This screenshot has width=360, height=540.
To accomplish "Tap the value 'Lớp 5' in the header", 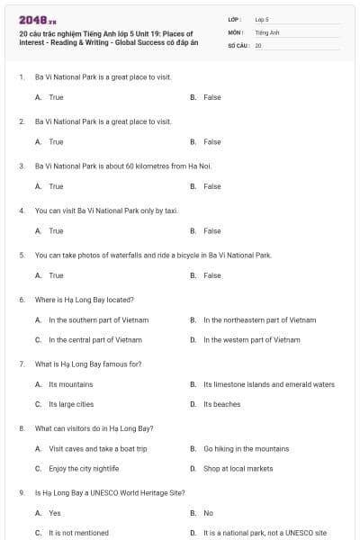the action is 262,18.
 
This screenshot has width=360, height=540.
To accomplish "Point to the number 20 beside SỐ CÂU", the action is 258,45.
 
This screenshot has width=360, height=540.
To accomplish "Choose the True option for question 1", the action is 56,97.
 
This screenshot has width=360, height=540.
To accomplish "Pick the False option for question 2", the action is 211,142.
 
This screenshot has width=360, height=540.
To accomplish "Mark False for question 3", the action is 211,186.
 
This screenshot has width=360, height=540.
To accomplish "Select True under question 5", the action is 56,275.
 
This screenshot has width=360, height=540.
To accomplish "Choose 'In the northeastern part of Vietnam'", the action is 259,319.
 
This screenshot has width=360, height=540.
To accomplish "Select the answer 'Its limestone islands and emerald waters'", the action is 268,384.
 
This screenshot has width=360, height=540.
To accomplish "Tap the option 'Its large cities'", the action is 71,404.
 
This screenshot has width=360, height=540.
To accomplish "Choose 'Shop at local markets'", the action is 238,469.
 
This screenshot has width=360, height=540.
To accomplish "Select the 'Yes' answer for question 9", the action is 55,513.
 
